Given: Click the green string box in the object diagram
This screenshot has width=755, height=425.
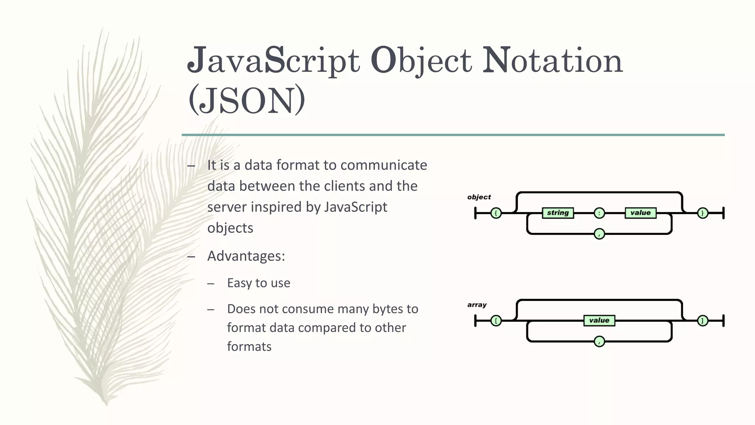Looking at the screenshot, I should tap(558, 213).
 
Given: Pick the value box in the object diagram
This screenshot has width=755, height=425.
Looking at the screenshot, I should tap(640, 213).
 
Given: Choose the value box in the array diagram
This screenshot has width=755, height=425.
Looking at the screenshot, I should tap(599, 321).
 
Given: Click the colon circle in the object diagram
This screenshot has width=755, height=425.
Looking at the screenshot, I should tap(599, 213).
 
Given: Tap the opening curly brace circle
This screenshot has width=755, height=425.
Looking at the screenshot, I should tap(496, 213).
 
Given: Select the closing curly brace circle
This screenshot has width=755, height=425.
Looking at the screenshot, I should tap(703, 213).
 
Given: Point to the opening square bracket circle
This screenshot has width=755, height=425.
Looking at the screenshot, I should tap(496, 321).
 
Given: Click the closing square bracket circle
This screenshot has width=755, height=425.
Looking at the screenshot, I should tap(703, 321).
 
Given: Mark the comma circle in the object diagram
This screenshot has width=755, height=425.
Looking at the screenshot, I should tap(599, 234).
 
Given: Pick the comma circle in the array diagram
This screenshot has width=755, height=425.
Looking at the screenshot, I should tap(599, 342).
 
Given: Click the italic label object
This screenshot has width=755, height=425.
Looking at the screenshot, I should tap(479, 197).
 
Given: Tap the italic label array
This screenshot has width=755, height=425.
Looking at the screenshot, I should tap(477, 305).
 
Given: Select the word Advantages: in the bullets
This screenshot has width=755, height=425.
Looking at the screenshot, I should tap(246, 256).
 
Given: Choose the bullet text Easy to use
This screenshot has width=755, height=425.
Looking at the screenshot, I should tap(259, 283).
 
